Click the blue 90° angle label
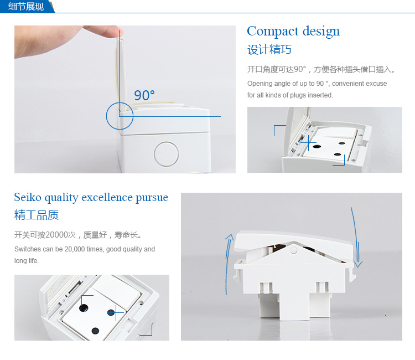point(144,95)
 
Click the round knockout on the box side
point(166,154)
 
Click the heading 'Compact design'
point(293,32)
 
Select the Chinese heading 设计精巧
point(269,50)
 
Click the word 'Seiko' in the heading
point(28,197)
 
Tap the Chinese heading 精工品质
point(37,215)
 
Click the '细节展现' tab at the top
point(25,6)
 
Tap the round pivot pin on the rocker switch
point(293,250)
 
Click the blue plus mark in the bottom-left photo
point(116,312)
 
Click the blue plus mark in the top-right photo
point(309,143)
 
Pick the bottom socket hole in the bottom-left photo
point(95,331)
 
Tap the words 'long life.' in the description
point(27,261)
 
